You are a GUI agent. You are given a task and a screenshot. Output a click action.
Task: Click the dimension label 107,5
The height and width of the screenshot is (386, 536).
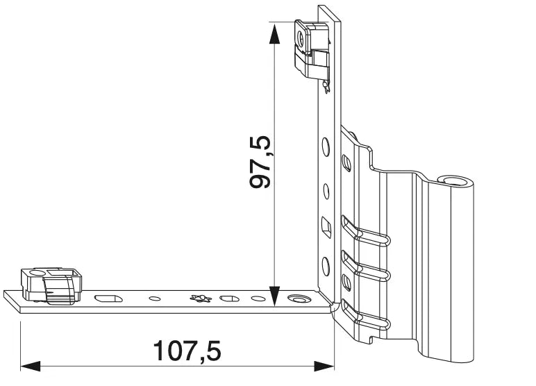pos(187,351)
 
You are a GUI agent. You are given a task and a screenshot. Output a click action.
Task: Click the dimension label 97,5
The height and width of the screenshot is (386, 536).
pos(260,162)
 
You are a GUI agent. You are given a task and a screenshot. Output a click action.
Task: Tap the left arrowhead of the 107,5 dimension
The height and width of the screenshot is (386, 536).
pos(30,366)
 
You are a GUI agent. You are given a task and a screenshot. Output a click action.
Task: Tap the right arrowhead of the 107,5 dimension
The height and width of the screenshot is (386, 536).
pos(324,366)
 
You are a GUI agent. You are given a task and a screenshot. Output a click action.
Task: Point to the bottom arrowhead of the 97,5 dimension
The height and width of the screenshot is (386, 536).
pos(274,296)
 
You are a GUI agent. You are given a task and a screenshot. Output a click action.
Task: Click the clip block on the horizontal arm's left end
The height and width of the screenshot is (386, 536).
pos(51,285)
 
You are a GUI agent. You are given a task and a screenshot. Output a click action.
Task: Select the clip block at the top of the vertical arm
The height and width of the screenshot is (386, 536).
pos(312,49)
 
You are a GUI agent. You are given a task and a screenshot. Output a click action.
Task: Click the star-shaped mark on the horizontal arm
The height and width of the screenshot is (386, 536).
pos(201,298)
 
